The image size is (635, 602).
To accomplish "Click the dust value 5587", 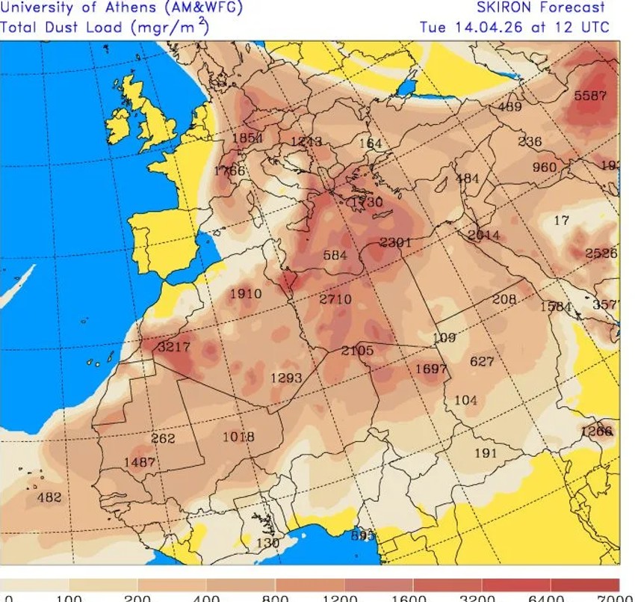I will point(590,96).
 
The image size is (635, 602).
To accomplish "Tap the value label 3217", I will point(174,347).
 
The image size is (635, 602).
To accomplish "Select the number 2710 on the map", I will point(335,299).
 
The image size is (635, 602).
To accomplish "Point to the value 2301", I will point(396,242).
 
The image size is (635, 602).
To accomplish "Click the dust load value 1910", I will point(245,293).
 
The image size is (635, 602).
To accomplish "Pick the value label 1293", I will point(286,378).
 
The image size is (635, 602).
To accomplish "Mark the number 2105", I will point(357,351).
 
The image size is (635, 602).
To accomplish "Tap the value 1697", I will point(431,369).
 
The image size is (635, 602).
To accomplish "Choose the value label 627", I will point(482,361).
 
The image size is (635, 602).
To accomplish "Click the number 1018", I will point(238,437).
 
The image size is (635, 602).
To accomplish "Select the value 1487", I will point(140,462).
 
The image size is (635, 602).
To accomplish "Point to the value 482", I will point(49,497).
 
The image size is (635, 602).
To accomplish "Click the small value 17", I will point(562,221).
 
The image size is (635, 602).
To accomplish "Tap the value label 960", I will point(545,167).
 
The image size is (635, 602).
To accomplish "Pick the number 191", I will point(486,453).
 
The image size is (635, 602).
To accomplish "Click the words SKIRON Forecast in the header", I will point(542,8).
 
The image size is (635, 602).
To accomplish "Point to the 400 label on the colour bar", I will point(206,598).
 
